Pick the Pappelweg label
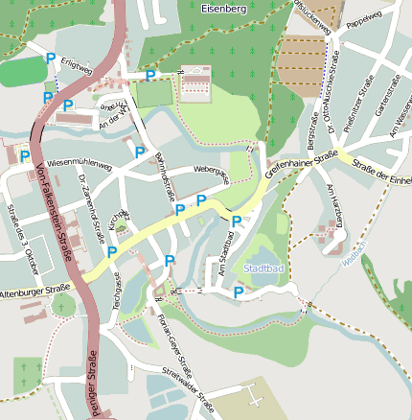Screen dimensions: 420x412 (363, 21)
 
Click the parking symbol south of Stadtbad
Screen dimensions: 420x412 (238, 292)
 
